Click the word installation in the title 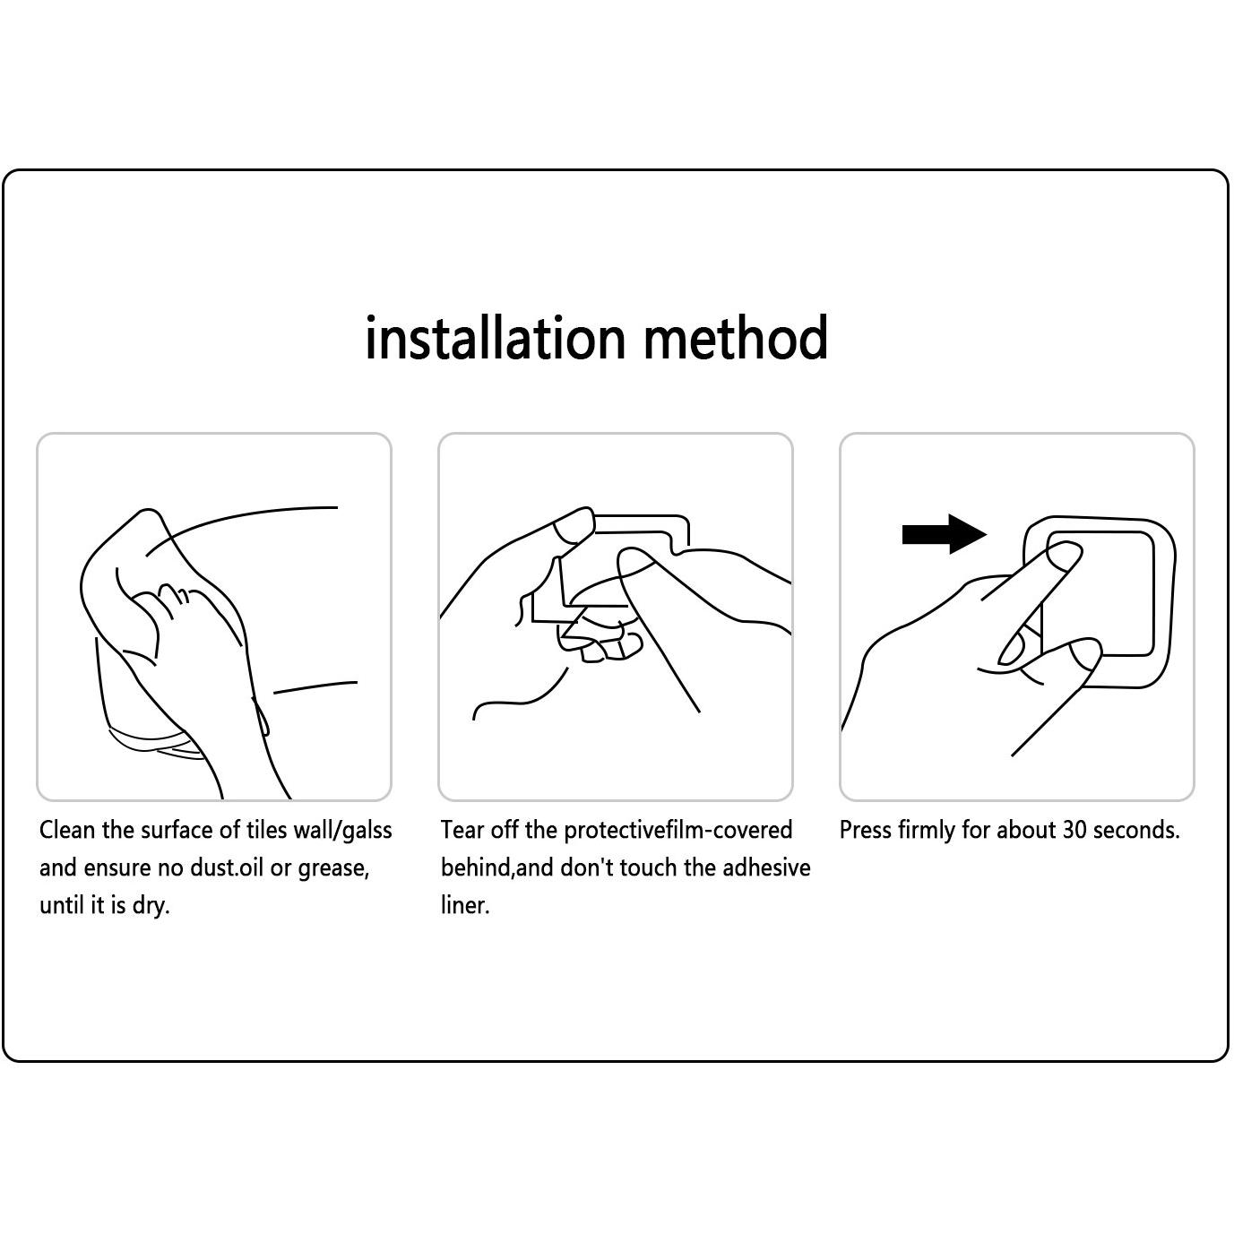495,338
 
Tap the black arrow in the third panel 944,533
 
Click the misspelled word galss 367,830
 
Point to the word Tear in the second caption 462,830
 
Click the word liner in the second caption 465,904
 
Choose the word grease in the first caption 333,869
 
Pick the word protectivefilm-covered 677,831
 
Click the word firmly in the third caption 927,832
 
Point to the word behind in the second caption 476,867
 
